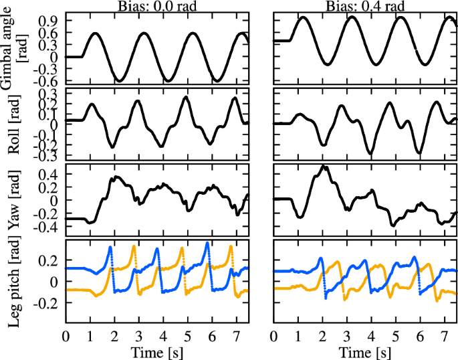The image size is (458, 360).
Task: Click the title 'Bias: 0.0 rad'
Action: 157,5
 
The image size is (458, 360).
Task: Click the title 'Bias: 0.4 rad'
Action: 366,5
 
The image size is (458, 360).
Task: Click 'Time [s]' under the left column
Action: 157,352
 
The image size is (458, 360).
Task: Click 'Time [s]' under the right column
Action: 366,352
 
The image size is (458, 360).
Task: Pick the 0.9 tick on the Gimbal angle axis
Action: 50,20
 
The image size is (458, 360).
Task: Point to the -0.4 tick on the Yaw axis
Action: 48,228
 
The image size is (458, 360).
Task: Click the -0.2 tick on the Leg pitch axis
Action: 48,303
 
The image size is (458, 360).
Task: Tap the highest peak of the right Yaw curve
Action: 324,166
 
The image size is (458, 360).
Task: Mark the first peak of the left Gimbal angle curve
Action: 96,33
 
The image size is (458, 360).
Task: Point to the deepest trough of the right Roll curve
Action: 371,153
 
